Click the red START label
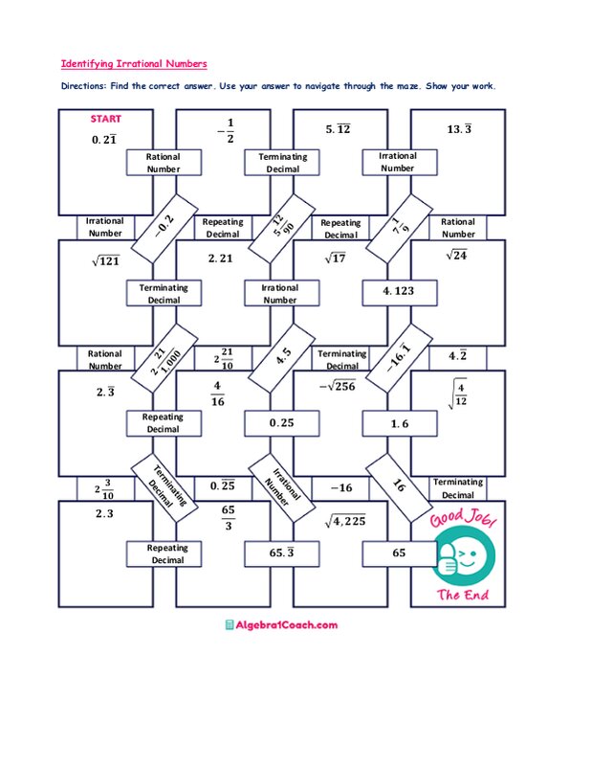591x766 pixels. pyautogui.click(x=105, y=120)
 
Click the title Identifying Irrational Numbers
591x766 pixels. pyautogui.click(x=134, y=64)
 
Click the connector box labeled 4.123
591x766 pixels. pyautogui.click(x=398, y=291)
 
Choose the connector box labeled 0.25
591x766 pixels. pyautogui.click(x=280, y=422)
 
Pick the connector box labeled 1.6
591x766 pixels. pyautogui.click(x=398, y=422)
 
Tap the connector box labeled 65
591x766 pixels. pyautogui.click(x=398, y=552)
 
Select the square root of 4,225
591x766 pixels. pyautogui.click(x=344, y=522)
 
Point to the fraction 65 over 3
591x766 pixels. pyautogui.click(x=229, y=518)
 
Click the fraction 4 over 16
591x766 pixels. pyautogui.click(x=218, y=394)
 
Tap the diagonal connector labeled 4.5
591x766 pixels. pyautogui.click(x=283, y=356)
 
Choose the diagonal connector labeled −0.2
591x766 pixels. pyautogui.click(x=164, y=226)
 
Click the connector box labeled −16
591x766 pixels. pyautogui.click(x=340, y=487)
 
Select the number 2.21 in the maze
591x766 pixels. pyautogui.click(x=221, y=258)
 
